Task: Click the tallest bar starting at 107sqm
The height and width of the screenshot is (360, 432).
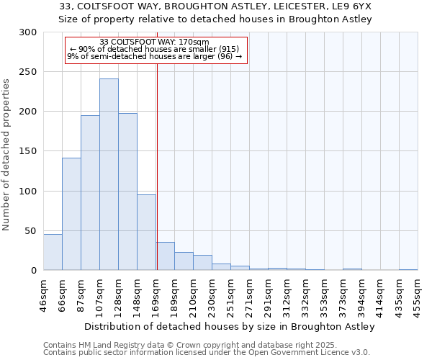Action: click(x=109, y=174)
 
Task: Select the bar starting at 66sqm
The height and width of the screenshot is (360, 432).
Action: click(x=71, y=214)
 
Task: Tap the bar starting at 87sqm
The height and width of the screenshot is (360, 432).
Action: click(x=90, y=193)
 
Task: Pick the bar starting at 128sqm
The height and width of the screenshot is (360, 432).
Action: click(x=127, y=192)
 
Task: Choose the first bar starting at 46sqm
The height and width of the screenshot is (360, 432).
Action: click(x=53, y=252)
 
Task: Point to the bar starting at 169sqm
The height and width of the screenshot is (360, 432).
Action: click(x=165, y=256)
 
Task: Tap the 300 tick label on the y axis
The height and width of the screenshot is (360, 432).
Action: click(x=28, y=32)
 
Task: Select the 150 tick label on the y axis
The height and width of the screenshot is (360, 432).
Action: click(x=28, y=151)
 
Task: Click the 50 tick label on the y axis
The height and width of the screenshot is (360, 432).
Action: click(x=31, y=230)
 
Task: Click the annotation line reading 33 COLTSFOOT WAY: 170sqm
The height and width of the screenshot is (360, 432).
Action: click(x=155, y=42)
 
